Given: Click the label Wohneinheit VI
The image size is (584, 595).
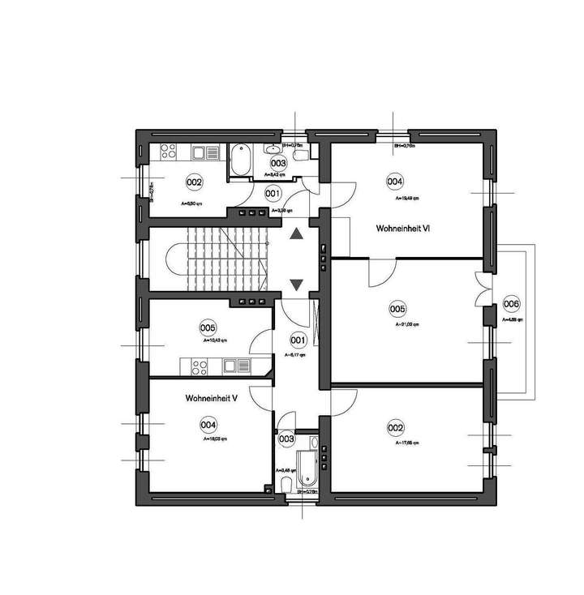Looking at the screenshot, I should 402,229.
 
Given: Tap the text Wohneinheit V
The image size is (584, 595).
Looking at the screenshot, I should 211,398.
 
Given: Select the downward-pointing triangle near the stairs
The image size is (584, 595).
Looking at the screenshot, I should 296,284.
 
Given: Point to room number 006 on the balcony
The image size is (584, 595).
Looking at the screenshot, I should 512,304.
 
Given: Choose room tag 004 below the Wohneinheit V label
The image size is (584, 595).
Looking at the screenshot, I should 208,424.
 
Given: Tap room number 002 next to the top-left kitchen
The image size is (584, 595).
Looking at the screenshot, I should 194,182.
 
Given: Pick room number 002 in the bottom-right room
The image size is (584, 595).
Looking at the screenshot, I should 396,427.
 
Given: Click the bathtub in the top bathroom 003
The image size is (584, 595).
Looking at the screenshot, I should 240,160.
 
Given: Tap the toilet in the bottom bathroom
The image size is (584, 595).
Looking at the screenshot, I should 286,484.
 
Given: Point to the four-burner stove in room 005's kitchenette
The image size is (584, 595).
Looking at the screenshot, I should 198,366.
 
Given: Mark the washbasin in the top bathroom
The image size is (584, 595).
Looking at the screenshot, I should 271,151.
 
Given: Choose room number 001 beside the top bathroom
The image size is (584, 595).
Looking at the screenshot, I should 273,194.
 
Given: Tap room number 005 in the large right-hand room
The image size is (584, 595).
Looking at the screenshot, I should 397,309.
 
